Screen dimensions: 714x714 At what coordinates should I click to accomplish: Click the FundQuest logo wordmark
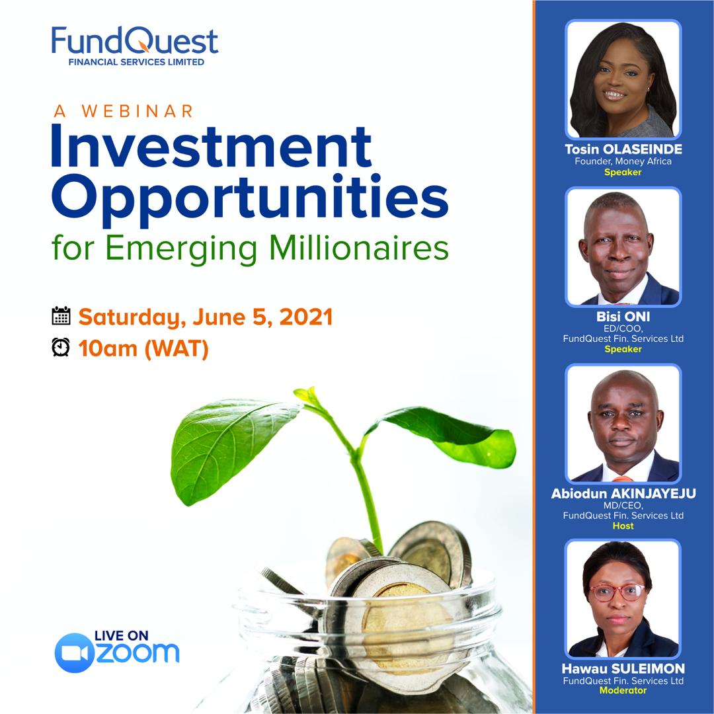[x=135, y=41]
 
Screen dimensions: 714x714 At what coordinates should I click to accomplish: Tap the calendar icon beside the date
[x=61, y=316]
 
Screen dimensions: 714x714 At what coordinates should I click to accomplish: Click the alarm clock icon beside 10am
[x=61, y=347]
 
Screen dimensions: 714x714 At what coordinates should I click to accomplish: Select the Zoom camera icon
[x=73, y=653]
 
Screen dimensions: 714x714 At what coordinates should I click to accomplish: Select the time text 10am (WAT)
[x=143, y=348]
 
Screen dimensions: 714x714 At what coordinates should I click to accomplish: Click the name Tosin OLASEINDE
[x=623, y=149]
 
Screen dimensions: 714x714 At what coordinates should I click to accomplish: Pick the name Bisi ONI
[x=623, y=317]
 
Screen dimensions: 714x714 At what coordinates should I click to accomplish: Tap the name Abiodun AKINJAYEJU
[x=623, y=494]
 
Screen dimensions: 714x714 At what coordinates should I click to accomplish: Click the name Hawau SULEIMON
[x=623, y=669]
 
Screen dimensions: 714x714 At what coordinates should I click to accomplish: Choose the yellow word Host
[x=623, y=526]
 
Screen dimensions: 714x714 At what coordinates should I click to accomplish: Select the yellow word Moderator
[x=623, y=691]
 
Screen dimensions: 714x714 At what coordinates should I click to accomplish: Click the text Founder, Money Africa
[x=623, y=161]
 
